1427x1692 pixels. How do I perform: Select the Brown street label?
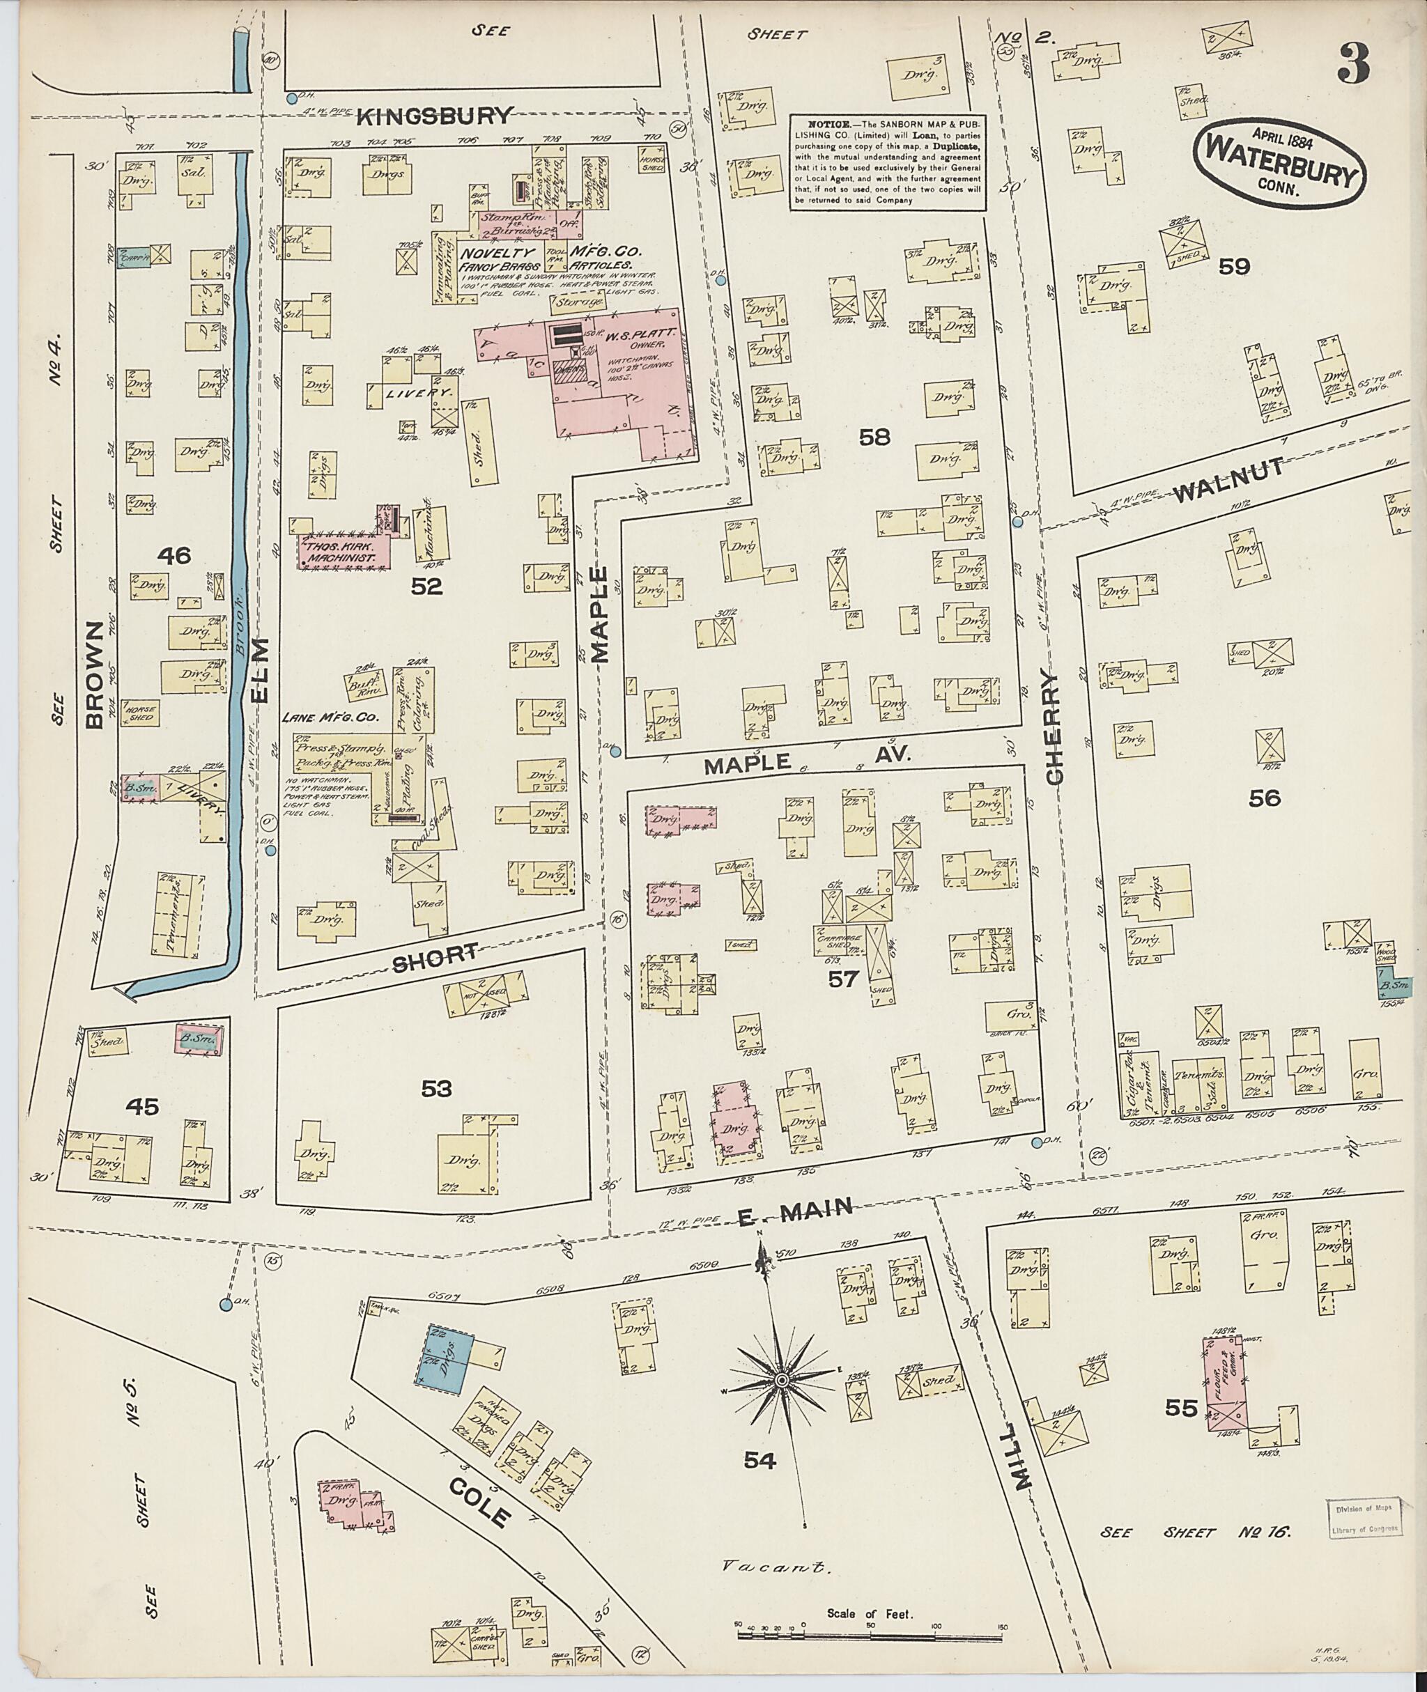tap(95, 676)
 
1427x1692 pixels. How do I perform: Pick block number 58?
tap(874, 437)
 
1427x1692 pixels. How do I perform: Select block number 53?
tap(436, 1089)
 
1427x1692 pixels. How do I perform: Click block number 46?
tap(174, 556)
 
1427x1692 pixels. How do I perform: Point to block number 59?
tap(1235, 266)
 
